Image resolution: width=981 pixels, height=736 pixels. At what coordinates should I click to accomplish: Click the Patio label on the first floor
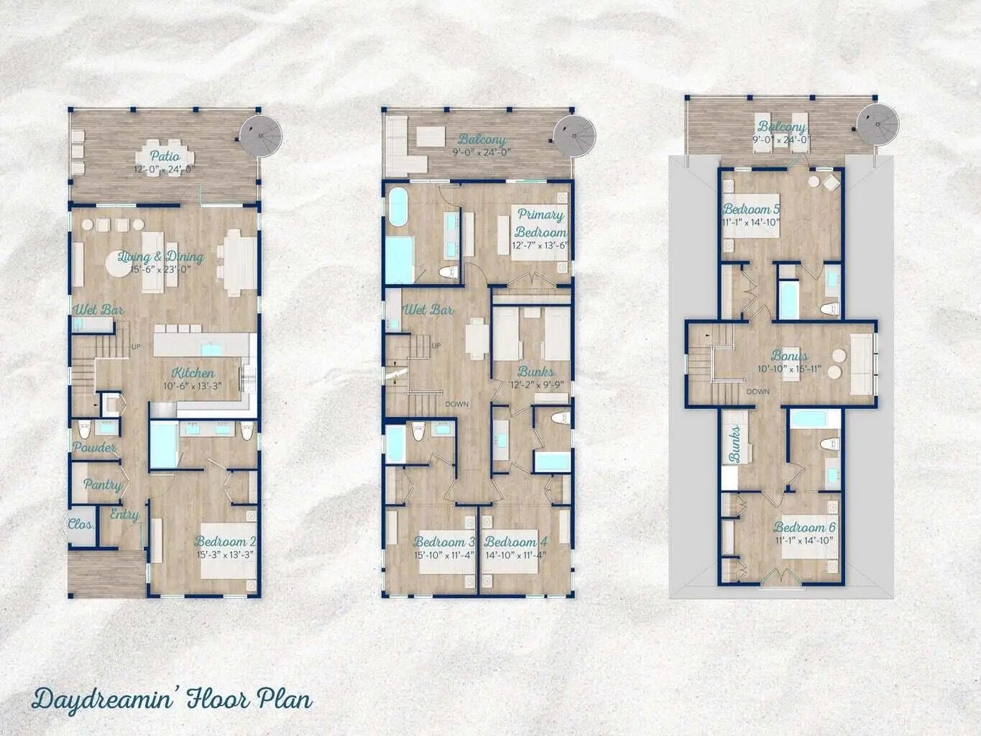click(x=165, y=156)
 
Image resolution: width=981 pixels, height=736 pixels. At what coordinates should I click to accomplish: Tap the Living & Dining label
click(x=160, y=257)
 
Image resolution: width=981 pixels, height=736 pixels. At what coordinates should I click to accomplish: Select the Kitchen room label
click(x=192, y=373)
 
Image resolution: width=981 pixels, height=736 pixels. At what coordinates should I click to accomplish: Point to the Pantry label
click(x=102, y=484)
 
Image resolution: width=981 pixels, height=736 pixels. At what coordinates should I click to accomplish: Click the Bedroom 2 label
click(x=225, y=541)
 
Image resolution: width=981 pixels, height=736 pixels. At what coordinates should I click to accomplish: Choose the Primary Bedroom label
click(x=540, y=224)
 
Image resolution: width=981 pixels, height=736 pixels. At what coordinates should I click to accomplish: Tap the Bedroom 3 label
click(x=444, y=541)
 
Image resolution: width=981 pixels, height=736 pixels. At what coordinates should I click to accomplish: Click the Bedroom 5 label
click(x=752, y=209)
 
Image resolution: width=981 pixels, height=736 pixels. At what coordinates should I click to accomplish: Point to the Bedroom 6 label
click(x=804, y=527)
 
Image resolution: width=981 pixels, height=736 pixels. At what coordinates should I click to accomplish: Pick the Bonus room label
click(x=789, y=355)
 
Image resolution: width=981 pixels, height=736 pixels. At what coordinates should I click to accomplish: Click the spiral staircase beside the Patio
click(x=259, y=134)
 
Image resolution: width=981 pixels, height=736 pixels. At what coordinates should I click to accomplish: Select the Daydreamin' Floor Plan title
click(x=172, y=699)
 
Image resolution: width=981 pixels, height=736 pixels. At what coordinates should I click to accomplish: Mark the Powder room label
click(x=94, y=447)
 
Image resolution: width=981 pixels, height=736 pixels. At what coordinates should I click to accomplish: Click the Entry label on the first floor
click(x=124, y=515)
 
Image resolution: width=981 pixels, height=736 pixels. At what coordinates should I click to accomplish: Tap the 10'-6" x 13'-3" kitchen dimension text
click(x=192, y=386)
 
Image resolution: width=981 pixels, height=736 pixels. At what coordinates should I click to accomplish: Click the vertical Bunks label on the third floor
click(x=734, y=446)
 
